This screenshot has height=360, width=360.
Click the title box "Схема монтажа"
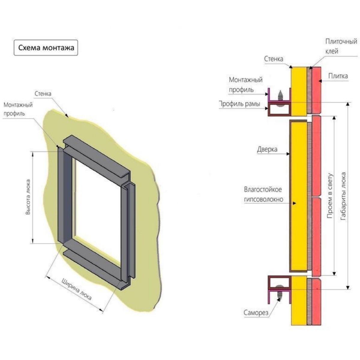pyautogui.click(x=46, y=48)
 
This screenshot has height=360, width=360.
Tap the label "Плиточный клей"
pyautogui.click(x=341, y=46)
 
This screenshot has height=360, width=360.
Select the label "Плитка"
pyautogui.click(x=338, y=76)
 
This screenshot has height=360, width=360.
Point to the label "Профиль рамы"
pyautogui.click(x=239, y=104)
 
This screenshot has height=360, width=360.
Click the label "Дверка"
pyautogui.click(x=267, y=149)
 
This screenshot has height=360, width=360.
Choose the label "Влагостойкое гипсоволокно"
pyautogui.click(x=263, y=194)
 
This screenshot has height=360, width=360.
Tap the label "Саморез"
pyautogui.click(x=256, y=313)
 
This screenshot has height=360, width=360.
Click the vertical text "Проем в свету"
pyautogui.click(x=330, y=196)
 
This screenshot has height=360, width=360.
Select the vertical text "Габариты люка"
pyautogui.click(x=343, y=196)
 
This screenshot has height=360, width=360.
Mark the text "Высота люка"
pyautogui.click(x=28, y=197)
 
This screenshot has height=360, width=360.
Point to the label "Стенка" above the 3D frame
pyautogui.click(x=43, y=94)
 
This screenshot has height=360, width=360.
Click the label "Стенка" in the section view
pyautogui.click(x=274, y=59)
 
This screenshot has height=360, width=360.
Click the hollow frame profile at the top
pyautogui.click(x=280, y=109)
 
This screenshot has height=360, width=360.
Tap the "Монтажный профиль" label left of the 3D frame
pyautogui.click(x=18, y=109)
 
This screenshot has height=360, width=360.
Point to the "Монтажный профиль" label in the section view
pyautogui.click(x=245, y=85)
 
